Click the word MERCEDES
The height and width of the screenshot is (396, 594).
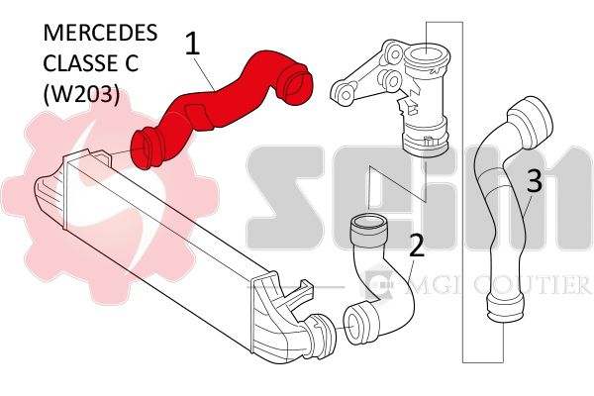tap(100, 33)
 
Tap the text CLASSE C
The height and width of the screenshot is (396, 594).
tap(90, 63)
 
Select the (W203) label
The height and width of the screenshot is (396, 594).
tap(81, 93)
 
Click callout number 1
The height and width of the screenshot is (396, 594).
tap(192, 44)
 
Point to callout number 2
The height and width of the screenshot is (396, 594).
tap(417, 245)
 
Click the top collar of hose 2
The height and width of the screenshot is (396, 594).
tap(369, 230)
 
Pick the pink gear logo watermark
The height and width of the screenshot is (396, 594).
tap(110, 197)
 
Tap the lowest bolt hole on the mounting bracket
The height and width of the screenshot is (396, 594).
tap(346, 94)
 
